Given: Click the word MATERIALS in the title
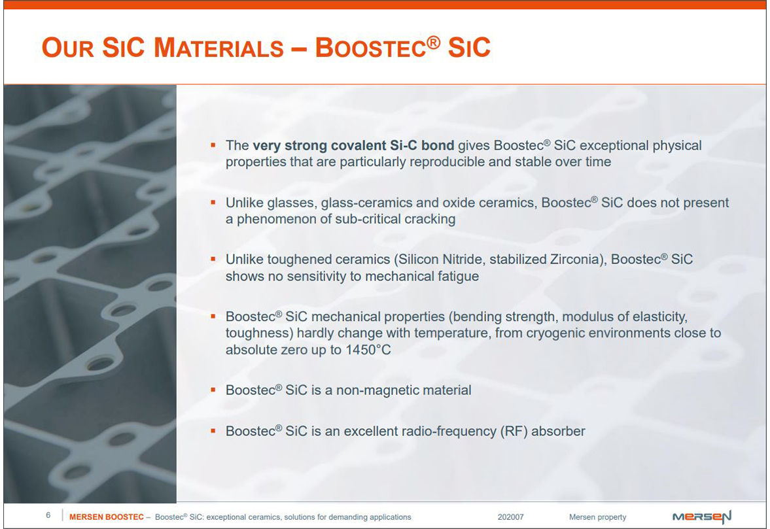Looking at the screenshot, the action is click(219, 48).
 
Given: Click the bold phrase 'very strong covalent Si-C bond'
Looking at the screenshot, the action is click(353, 145).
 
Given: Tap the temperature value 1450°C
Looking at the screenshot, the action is click(368, 350).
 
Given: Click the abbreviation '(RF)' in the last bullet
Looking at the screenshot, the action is click(514, 432).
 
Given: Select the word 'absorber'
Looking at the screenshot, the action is click(558, 432).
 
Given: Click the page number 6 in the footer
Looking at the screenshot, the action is click(48, 515).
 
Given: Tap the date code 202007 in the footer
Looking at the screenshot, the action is click(511, 517).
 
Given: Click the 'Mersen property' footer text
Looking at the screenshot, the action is click(598, 517).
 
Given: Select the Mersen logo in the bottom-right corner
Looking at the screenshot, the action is click(702, 517).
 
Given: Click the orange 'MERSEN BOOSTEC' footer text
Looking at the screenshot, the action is click(107, 517).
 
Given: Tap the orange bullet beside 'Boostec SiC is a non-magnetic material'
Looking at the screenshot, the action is click(213, 390).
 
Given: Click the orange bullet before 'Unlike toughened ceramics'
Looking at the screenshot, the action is click(213, 258).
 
